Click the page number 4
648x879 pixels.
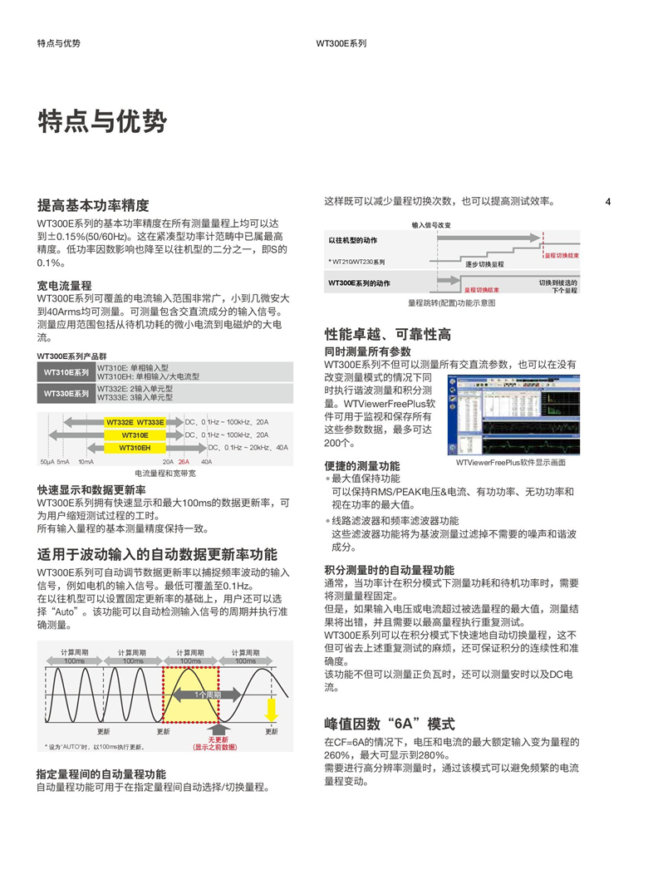tap(608, 202)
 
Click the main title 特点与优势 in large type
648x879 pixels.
tap(102, 122)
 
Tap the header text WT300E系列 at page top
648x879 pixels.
tap(341, 43)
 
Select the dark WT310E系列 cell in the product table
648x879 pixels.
tap(66, 372)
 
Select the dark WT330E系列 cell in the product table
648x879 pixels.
tap(66, 393)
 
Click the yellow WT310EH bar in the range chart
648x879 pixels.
tap(135, 448)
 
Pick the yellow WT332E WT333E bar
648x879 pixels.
tap(135, 422)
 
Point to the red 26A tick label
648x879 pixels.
tap(184, 461)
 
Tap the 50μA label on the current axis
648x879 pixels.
tap(47, 461)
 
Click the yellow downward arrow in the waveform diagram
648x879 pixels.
tap(271, 710)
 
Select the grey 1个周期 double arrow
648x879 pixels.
tap(207, 694)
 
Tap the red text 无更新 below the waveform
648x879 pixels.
tap(218, 739)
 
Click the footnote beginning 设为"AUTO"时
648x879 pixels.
tap(96, 747)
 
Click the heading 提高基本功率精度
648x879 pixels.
tap(94, 205)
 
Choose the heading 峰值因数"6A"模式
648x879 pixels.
tap(389, 724)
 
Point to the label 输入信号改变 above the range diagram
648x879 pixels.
tap(431, 225)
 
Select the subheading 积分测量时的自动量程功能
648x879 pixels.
tap(389, 570)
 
